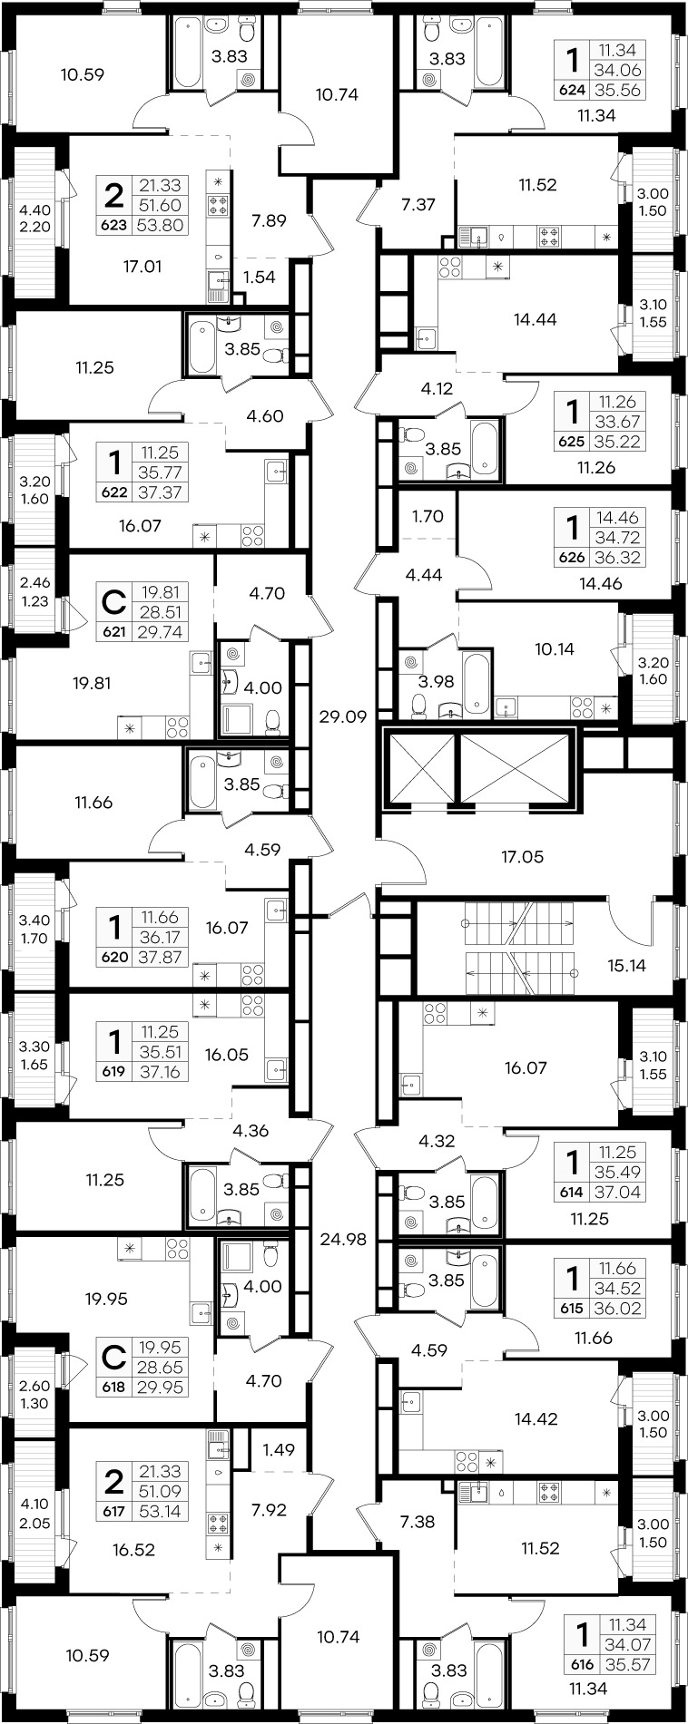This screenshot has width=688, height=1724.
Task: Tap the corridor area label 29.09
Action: coord(343,716)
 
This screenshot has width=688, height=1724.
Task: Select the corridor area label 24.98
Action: coord(343,1238)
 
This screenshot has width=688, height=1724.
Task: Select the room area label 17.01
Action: coord(143,267)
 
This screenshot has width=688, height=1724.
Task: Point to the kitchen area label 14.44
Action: coord(535,319)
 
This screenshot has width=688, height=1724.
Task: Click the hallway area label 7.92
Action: coord(270,1511)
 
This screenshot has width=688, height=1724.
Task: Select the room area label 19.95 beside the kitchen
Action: coord(106,1299)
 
